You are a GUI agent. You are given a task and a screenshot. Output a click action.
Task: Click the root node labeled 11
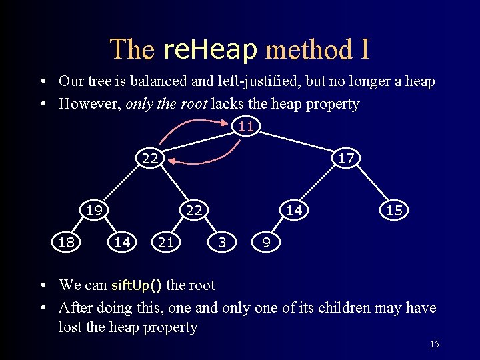click(246, 126)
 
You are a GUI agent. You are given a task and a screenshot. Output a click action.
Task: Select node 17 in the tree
click(346, 158)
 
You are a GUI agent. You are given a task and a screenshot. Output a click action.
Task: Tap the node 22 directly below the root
click(150, 158)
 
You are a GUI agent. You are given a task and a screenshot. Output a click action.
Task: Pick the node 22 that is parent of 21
click(194, 210)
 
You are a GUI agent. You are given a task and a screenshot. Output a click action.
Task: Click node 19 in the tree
click(94, 210)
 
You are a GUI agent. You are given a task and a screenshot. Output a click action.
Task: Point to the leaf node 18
click(66, 243)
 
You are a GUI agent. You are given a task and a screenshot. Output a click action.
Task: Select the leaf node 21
click(166, 243)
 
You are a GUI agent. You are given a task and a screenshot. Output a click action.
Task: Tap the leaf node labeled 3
click(222, 243)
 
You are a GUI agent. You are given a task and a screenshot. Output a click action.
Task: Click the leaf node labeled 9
click(266, 243)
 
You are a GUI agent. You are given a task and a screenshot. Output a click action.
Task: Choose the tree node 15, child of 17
click(394, 210)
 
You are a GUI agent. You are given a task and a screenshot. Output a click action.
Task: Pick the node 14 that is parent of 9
click(294, 210)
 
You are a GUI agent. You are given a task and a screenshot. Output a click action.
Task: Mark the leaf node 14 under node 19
click(122, 243)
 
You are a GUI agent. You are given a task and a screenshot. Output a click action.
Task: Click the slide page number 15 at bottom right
click(434, 345)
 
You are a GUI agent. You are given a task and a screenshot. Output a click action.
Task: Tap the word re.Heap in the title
click(210, 49)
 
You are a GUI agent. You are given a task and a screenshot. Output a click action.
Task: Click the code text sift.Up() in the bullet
click(136, 285)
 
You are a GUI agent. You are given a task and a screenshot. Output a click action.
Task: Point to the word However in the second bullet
click(87, 104)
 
